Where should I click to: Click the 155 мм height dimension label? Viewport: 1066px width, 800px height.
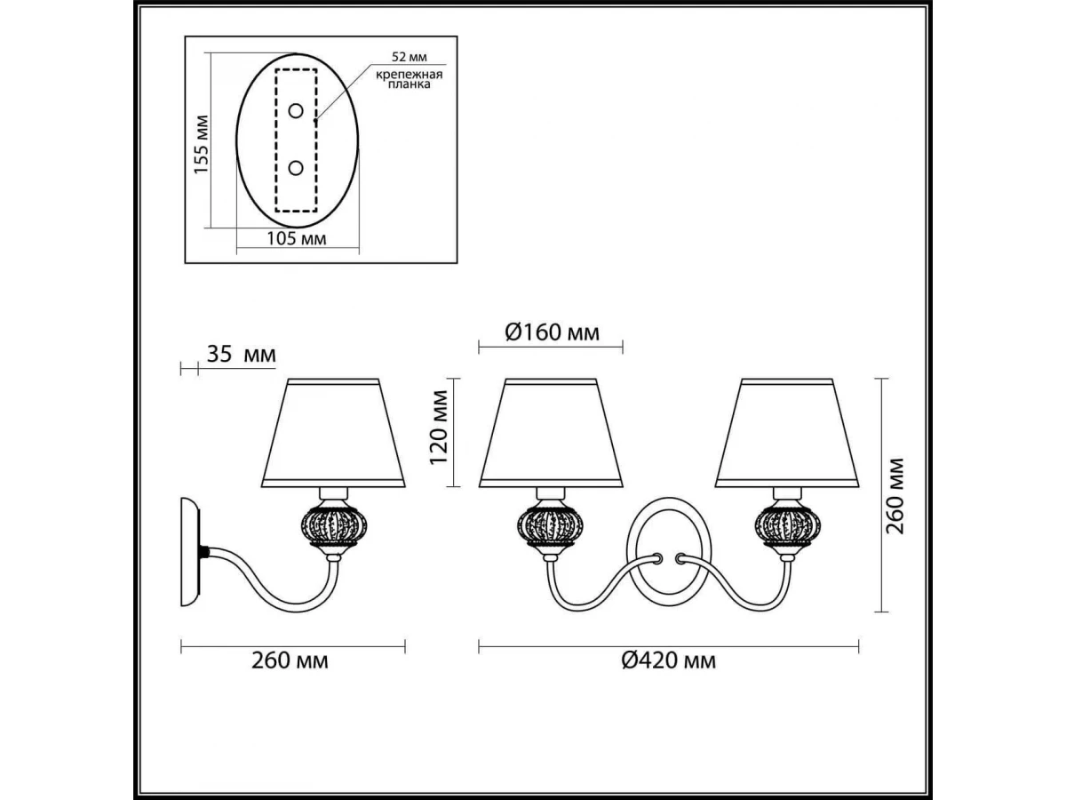pos(201,144)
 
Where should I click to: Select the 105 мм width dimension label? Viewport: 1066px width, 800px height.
pos(296,238)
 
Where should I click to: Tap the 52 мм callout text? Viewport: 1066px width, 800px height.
pos(410,57)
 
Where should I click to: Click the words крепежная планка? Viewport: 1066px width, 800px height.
pos(410,79)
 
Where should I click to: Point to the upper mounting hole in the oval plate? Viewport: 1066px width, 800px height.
pos(295,111)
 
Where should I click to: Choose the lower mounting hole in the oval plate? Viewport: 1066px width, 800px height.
pos(295,169)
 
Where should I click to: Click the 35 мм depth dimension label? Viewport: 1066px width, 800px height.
pos(242,355)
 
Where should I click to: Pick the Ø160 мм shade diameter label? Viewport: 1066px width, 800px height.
pos(553,332)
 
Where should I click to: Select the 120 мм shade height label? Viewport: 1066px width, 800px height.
pos(439,428)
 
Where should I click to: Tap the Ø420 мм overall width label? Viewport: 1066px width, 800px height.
pos(669,660)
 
